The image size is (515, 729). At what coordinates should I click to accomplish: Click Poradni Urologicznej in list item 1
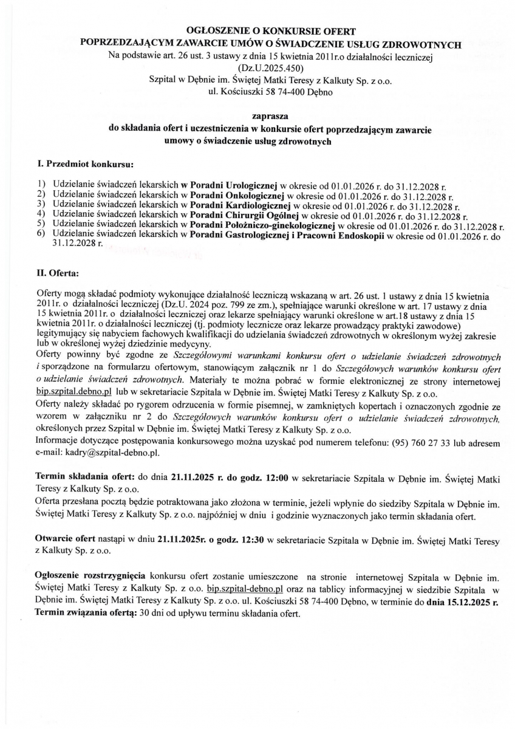pos(233,183)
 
